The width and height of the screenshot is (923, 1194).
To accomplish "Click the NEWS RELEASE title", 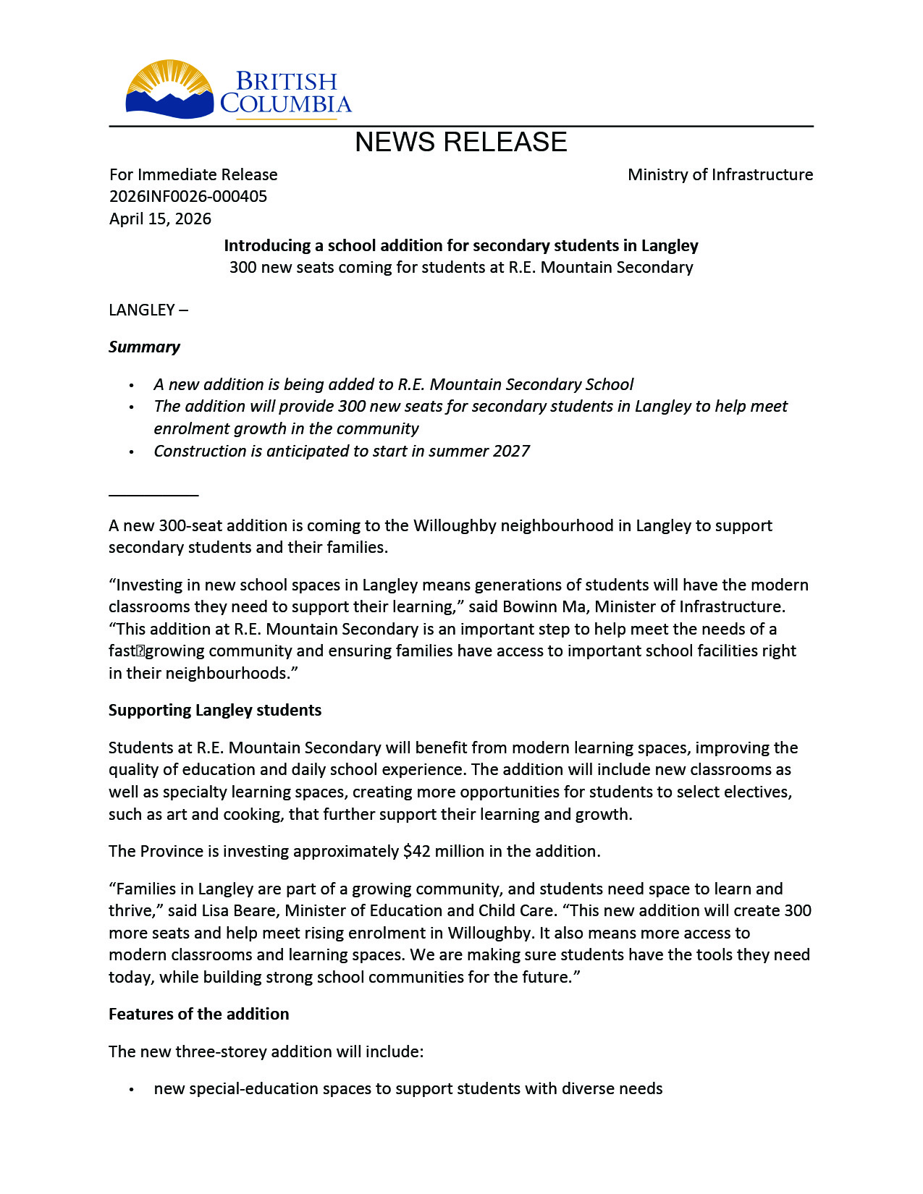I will coord(460,143).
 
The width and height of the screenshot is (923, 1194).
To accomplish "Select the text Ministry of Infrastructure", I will coord(720,174).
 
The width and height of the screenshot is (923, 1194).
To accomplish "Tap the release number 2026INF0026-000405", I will coord(188,197).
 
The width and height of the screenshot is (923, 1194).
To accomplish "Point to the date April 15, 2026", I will coord(160,219).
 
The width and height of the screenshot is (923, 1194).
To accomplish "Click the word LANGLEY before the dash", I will coord(142,310).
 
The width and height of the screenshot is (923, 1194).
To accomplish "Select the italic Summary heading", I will coord(144,347).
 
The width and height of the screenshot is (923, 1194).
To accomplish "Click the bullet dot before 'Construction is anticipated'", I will coord(131,452).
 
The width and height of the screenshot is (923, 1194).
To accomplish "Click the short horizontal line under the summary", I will coord(153,495).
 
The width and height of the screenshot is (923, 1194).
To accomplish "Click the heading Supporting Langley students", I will coord(215,710).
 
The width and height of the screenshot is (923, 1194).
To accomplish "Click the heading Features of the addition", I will coord(198,1014).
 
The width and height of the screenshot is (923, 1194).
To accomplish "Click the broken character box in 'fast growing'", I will coord(140,651).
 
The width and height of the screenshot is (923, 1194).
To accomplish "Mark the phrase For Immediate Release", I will coord(193,174).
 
